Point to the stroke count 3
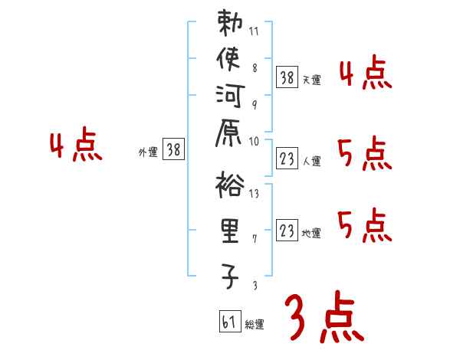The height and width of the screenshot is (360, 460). point(255,286)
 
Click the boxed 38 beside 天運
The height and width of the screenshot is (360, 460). point(287,77)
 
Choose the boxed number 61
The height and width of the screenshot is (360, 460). point(229,321)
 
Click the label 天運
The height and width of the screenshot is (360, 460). point(311,80)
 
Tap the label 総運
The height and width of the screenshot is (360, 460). point(255,325)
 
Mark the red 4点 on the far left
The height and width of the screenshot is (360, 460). point(75,146)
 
